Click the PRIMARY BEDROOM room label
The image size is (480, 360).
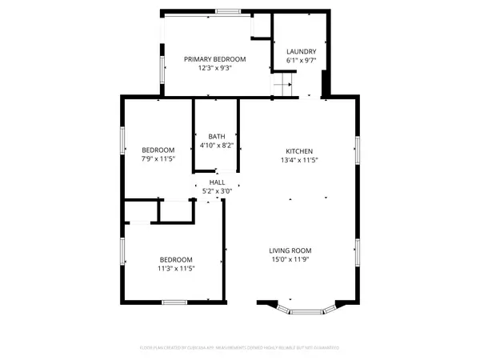214,59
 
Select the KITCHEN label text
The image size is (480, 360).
299,151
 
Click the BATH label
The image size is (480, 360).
216,136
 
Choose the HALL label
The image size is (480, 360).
216,183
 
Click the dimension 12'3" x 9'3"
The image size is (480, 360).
214,69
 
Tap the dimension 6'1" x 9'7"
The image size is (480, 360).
301,61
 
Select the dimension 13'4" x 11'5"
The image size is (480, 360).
299,160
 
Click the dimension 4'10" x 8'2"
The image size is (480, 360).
216,145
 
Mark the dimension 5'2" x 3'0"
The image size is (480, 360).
216,191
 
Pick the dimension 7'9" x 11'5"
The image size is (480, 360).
158,159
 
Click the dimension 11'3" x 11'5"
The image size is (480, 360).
175,268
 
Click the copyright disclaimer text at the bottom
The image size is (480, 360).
240,348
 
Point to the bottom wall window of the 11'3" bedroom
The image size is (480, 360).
174,302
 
